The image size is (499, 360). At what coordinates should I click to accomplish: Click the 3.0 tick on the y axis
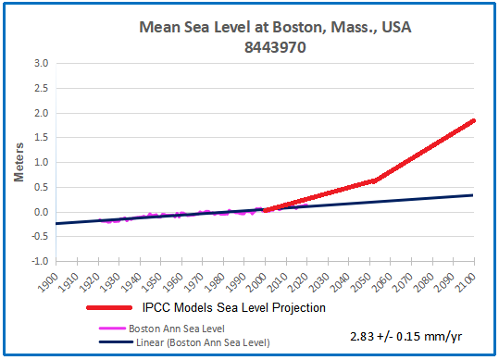click(41, 64)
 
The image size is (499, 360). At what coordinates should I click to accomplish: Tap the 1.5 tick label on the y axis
click(41, 138)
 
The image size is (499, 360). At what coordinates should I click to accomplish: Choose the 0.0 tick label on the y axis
click(41, 212)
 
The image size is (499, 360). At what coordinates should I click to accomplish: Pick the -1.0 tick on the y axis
click(39, 261)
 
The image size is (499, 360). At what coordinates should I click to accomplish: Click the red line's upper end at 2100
click(474, 120)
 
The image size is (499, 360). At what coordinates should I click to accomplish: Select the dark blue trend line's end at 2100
click(474, 195)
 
